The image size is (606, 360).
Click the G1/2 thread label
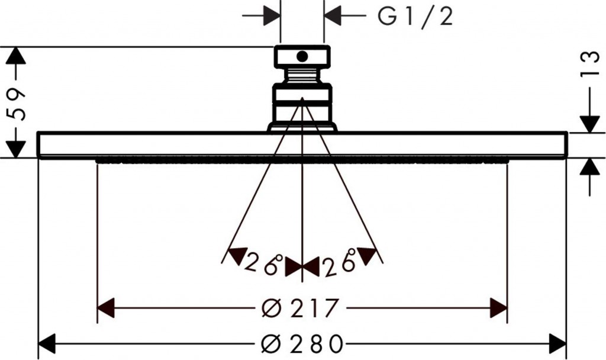(415, 17)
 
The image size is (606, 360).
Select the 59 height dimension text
(16, 104)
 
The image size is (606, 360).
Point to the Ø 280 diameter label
(302, 343)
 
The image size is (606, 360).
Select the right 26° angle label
(340, 263)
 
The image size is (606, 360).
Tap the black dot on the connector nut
(302, 56)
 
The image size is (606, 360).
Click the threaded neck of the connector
(302, 75)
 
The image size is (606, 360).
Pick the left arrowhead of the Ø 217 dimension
(106, 308)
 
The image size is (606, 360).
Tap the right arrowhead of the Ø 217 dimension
(498, 308)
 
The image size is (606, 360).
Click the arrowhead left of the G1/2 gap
(272, 16)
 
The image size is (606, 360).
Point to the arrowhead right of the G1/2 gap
(333, 16)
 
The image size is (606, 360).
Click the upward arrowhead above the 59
(16, 55)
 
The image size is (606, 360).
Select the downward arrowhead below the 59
(16, 149)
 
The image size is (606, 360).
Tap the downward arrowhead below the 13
(590, 124)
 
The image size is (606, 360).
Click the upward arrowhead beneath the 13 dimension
(590, 166)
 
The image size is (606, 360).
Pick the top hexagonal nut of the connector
(302, 56)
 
